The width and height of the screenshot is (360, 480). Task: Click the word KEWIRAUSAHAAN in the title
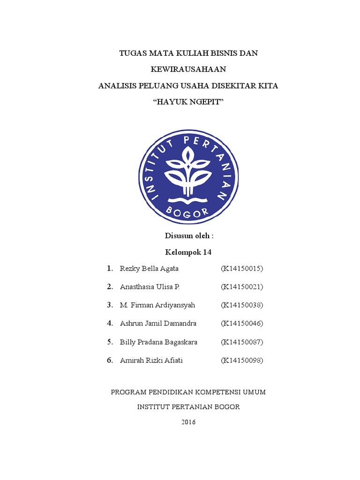pos(188,69)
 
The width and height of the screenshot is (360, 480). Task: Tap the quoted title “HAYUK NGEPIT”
pos(188,102)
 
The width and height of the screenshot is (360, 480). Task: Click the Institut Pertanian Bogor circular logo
pos(188,175)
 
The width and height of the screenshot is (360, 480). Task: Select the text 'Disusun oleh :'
pos(189,236)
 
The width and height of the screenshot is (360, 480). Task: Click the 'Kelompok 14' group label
pos(188,252)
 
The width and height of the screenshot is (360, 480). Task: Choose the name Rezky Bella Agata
pos(149,269)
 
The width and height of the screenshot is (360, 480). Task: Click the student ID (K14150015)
pos(242,269)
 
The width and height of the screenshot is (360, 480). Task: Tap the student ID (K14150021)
pos(242,287)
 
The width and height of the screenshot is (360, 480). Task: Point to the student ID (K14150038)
pos(242,305)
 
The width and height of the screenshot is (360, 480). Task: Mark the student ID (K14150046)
pos(242,323)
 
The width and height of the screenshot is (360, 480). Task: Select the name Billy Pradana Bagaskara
pos(158,342)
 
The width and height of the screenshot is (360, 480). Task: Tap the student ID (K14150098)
pos(242,360)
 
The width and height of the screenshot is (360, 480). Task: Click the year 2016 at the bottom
pos(188,422)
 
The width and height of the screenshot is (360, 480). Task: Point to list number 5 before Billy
pos(109,342)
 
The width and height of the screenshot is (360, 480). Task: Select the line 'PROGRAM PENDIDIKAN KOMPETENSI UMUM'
pos(188,392)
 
